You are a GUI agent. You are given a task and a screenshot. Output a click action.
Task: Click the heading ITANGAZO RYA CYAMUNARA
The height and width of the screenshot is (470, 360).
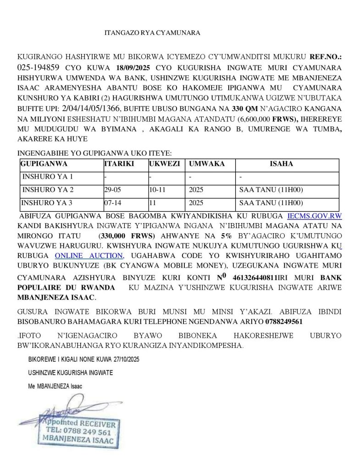tap(152, 33)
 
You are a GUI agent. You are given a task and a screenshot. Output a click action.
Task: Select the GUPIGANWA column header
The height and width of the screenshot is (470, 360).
tap(44, 164)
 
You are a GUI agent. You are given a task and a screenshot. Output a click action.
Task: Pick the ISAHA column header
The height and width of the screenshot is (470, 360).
tap(281, 164)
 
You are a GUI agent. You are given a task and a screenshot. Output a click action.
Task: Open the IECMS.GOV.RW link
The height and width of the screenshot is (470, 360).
tap(314, 215)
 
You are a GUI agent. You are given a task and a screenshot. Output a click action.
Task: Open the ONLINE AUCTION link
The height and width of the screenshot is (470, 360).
tap(89, 256)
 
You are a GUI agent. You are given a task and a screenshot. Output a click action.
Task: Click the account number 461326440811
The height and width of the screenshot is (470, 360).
tap(256, 278)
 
